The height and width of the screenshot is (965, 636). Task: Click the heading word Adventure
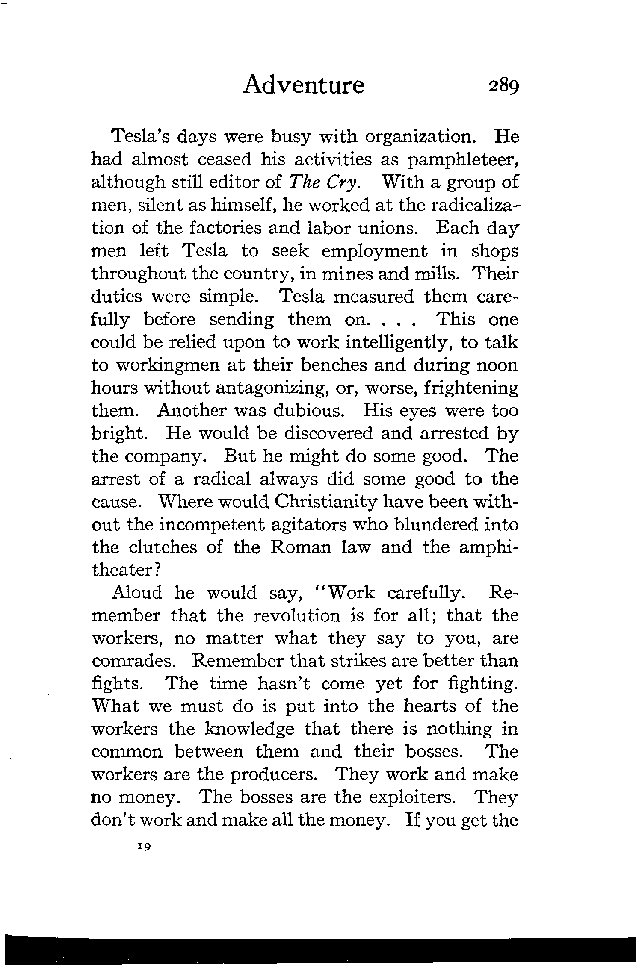pyautogui.click(x=304, y=85)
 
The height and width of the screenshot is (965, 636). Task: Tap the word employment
pyautogui.click(x=374, y=251)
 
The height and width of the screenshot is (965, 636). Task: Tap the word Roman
pyautogui.click(x=301, y=547)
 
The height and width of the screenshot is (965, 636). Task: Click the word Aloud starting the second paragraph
pyautogui.click(x=137, y=593)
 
